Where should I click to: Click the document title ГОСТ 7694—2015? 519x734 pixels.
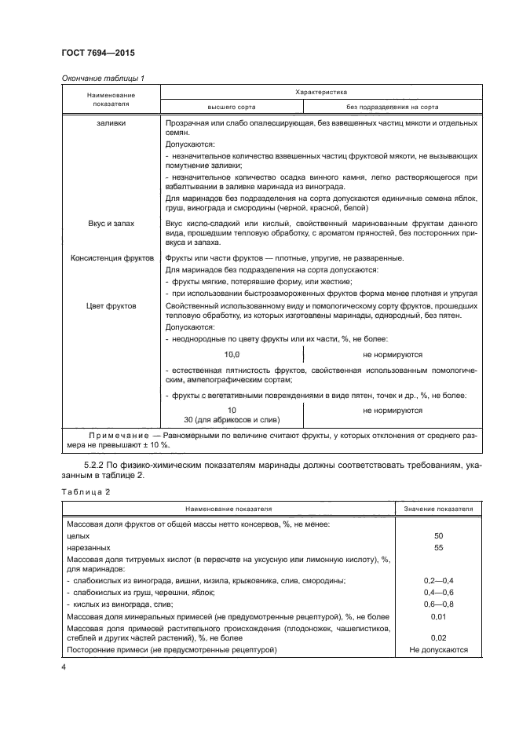coord(97,53)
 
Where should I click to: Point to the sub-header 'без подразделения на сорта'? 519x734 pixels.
coord(392,107)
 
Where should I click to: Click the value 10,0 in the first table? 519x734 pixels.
coord(232,355)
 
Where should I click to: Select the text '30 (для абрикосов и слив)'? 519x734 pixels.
coord(232,421)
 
